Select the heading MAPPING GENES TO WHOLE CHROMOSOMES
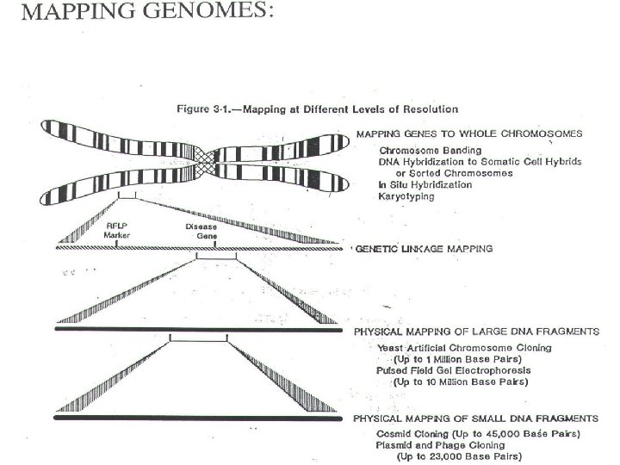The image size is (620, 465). (x=469, y=133)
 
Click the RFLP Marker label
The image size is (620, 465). (x=116, y=230)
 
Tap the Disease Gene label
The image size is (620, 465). (x=201, y=230)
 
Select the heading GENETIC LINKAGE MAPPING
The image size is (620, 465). (x=425, y=248)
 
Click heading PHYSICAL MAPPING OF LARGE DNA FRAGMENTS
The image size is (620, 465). (x=477, y=332)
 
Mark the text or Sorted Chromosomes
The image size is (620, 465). (x=453, y=173)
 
